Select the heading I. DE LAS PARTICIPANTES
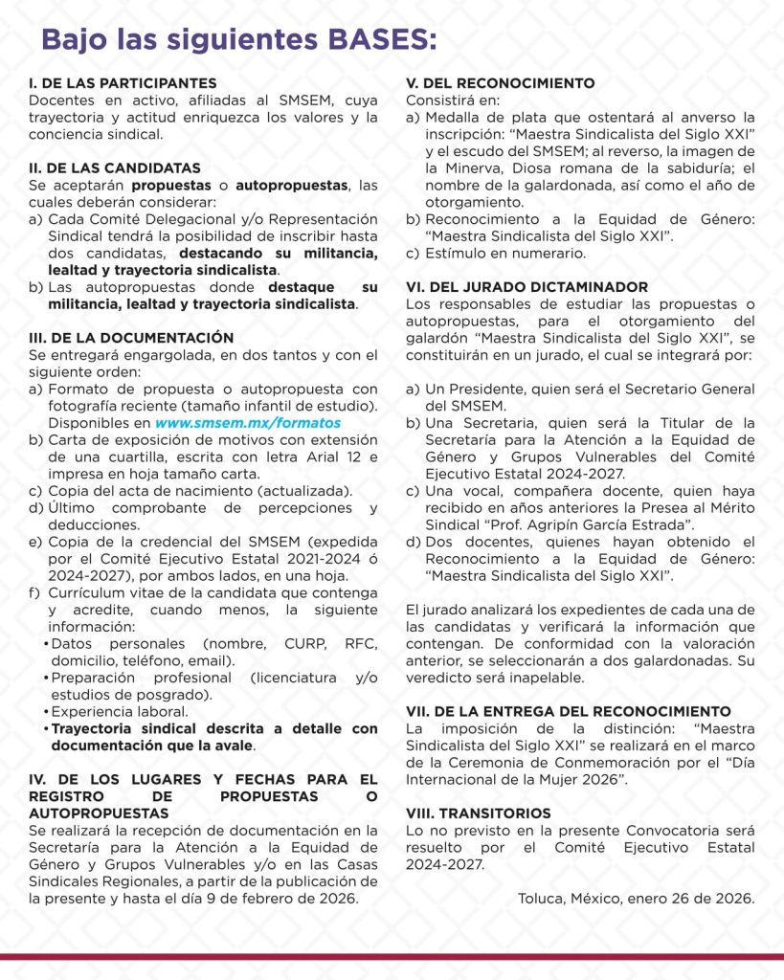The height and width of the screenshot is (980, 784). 123,83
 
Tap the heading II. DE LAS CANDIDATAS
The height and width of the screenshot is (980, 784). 115,167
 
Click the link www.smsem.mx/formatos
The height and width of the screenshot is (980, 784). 247,422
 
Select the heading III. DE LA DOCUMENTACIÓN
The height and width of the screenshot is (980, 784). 131,338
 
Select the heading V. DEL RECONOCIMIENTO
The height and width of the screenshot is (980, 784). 500,83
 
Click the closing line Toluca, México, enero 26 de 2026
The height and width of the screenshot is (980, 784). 636,899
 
